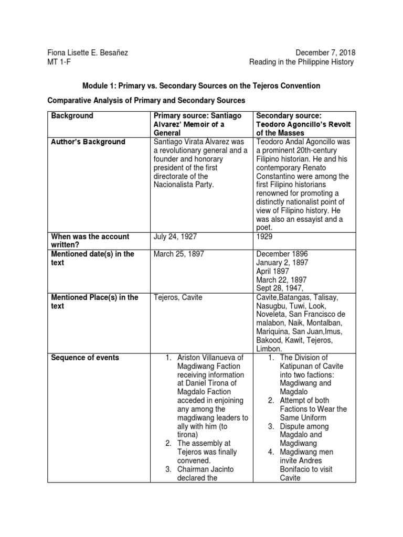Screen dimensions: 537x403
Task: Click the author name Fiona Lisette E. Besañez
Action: [88, 52]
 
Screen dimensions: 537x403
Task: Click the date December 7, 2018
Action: [325, 52]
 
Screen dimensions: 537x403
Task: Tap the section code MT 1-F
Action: [59, 62]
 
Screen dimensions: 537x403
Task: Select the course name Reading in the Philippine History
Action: [301, 62]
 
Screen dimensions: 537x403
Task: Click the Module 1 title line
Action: [201, 85]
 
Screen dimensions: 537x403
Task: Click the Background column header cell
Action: [72, 115]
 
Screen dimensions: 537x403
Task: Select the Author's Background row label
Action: [88, 142]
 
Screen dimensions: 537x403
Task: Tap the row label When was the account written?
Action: [90, 241]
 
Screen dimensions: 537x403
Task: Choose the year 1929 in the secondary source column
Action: [265, 237]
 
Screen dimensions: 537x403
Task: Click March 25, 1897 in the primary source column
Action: [179, 254]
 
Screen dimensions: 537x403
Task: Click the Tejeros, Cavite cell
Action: [178, 297]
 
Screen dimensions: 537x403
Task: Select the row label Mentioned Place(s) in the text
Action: [94, 302]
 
